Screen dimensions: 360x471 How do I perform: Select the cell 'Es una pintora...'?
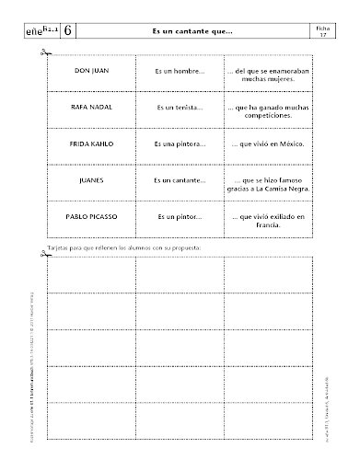(180, 144)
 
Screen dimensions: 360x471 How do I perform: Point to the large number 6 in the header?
(70, 30)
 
